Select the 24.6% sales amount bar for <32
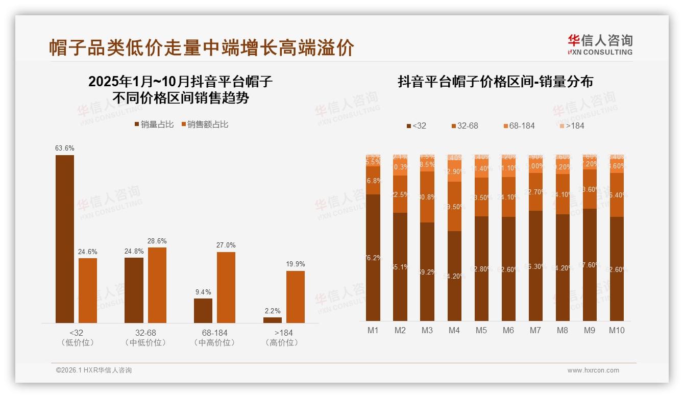[88, 290]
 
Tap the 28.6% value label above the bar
[157, 241]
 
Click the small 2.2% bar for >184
[273, 320]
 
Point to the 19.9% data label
[296, 264]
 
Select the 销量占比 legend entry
[154, 125]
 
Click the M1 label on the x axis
[373, 330]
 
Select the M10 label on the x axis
[617, 330]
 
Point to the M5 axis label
[481, 330]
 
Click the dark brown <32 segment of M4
[454, 276]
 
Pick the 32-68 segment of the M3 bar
[427, 197]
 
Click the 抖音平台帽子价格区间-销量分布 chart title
[495, 82]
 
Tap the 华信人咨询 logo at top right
[600, 44]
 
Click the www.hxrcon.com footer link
[593, 370]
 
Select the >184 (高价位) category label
[282, 338]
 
